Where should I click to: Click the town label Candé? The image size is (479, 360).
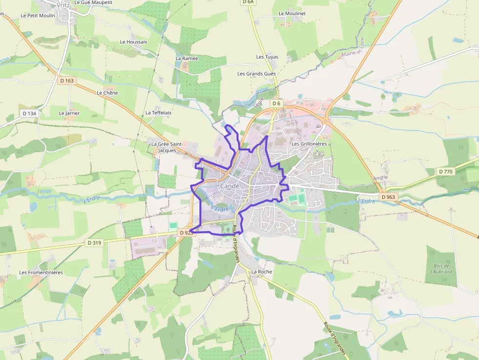coord(230,186)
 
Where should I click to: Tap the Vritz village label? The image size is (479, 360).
coord(63,5)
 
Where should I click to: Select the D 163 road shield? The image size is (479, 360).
coord(67,80)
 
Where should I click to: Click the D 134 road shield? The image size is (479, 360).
coord(29,113)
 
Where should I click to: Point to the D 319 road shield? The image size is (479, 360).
coord(94,242)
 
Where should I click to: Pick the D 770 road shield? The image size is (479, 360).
coord(445,171)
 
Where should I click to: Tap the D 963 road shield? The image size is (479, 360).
coord(388,197)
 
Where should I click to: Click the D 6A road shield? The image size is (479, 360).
coord(248,2)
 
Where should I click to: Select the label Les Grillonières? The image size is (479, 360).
coord(309,144)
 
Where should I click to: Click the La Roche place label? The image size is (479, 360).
coord(261,272)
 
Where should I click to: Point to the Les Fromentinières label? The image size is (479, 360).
coord(41,273)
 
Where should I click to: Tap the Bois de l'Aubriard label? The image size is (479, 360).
coord(441,268)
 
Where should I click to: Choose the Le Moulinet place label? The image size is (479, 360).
coord(292,14)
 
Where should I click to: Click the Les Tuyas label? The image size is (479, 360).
coord(267,57)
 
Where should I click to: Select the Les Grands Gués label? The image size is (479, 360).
coord(257,74)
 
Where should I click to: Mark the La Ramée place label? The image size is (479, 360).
coord(187,58)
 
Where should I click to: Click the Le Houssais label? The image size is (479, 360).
coord(133,42)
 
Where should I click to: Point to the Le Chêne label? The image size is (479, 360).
coord(108,93)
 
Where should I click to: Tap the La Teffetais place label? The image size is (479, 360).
coord(158,113)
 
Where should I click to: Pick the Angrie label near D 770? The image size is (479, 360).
coord(380,178)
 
